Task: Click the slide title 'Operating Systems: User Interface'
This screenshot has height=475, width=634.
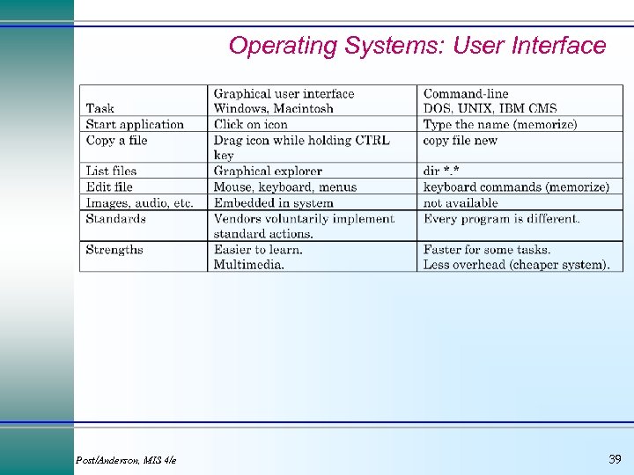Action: (417, 46)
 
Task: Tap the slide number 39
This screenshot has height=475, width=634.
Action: (615, 459)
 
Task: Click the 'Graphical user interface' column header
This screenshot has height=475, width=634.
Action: (284, 94)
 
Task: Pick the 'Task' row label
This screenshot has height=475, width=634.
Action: (100, 109)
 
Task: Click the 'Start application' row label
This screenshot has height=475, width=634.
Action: (135, 125)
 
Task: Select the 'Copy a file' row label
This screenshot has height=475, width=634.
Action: (116, 141)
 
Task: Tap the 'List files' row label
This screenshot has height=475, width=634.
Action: (111, 172)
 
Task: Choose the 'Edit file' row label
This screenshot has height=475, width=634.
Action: (109, 187)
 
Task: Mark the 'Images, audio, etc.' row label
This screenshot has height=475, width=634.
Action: (139, 203)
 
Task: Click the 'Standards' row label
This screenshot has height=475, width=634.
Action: (115, 219)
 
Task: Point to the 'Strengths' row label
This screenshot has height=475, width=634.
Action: (114, 250)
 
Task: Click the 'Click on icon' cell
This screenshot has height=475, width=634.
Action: (251, 125)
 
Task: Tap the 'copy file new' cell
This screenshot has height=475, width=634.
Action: (460, 141)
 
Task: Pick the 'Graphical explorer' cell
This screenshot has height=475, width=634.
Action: (268, 172)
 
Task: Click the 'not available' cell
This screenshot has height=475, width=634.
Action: (461, 203)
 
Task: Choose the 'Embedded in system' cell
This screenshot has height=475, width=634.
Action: (273, 203)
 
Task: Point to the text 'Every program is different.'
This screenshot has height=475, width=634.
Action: (501, 219)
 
